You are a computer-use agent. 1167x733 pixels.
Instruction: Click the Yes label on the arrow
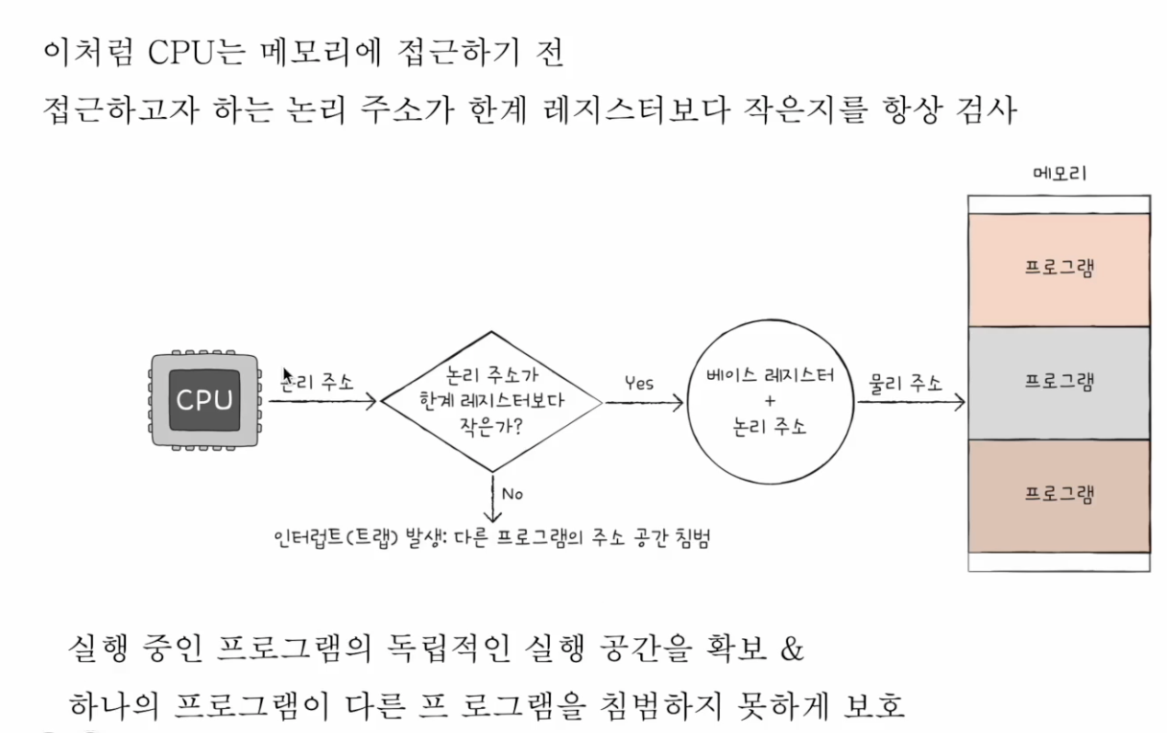[x=638, y=383]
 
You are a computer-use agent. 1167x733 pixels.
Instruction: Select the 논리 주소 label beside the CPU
[x=318, y=382]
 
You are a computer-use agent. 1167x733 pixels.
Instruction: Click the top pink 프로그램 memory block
[x=1059, y=269]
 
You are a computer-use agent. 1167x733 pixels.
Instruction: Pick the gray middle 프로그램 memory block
[x=1059, y=382]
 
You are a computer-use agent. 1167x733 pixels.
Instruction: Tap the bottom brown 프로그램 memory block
[x=1059, y=495]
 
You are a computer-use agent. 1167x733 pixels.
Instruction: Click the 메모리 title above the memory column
[x=1059, y=174]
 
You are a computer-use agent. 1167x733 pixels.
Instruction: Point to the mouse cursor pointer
[x=286, y=374]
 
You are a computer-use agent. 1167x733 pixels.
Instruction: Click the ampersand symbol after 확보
[x=791, y=649]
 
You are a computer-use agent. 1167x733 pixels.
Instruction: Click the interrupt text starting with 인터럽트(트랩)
[x=490, y=539]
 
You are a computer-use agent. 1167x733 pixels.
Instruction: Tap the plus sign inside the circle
[x=771, y=400]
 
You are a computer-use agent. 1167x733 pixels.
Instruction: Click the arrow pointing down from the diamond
[x=492, y=499]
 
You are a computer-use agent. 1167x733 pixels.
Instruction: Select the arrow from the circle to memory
[x=911, y=403]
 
